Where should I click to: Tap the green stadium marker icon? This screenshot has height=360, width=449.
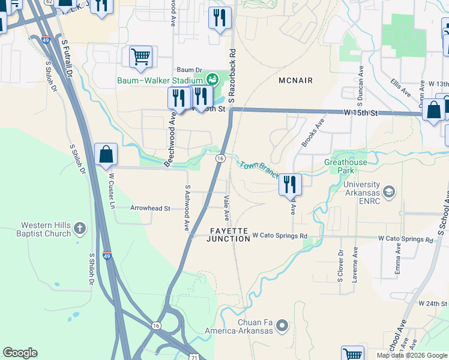click(212, 79)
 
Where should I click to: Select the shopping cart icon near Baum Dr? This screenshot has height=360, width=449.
click(140, 57)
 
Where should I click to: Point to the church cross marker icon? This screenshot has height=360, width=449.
click(80, 228)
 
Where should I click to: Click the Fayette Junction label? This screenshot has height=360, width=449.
click(228, 235)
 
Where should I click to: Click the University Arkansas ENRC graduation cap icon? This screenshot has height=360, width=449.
click(388, 192)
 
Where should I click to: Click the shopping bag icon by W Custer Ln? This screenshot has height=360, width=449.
click(106, 154)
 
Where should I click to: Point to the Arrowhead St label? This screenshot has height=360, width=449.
click(151, 208)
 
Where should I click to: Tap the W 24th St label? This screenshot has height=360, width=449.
click(433, 304)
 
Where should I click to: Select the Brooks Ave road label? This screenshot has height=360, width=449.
click(313, 131)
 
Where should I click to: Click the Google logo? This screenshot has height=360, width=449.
click(20, 353)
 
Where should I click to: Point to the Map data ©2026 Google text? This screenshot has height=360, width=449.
click(412, 355)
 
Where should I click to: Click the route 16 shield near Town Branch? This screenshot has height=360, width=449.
click(220, 158)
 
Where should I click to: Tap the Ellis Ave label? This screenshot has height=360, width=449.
click(401, 88)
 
